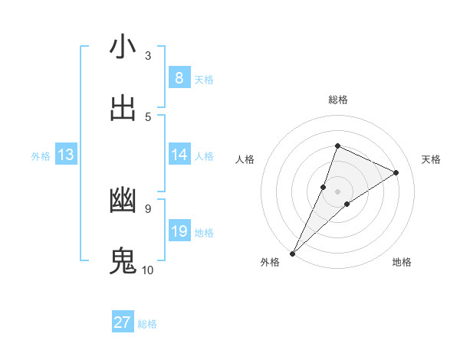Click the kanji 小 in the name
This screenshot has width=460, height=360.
[123, 47]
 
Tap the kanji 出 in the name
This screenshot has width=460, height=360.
[123, 109]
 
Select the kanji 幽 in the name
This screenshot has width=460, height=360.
[123, 201]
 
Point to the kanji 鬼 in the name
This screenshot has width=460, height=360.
[123, 262]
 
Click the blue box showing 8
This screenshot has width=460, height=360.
[179, 78]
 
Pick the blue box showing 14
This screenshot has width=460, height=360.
[179, 155]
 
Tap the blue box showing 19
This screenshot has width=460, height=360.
[179, 231]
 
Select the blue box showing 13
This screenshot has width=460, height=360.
[65, 155]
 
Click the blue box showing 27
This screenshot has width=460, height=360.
[123, 322]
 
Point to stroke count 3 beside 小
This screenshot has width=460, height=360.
[148, 55]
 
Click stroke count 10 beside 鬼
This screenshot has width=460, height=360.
[147, 270]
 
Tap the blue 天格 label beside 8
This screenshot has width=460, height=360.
[204, 79]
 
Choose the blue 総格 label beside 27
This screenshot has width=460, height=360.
[147, 324]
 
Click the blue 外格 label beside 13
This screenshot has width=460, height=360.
[41, 155]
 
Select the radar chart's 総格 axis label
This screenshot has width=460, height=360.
[338, 100]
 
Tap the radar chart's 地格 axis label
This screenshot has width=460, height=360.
[402, 263]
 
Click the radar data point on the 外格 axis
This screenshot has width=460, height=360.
[293, 253]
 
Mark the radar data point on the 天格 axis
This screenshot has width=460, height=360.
[396, 172]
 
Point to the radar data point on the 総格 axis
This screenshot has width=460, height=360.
[337, 146]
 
